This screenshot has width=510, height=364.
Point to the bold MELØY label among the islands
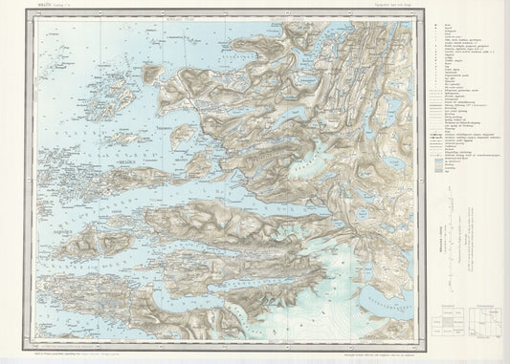coord(127,164)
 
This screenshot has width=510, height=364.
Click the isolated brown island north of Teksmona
coord(151,73)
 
